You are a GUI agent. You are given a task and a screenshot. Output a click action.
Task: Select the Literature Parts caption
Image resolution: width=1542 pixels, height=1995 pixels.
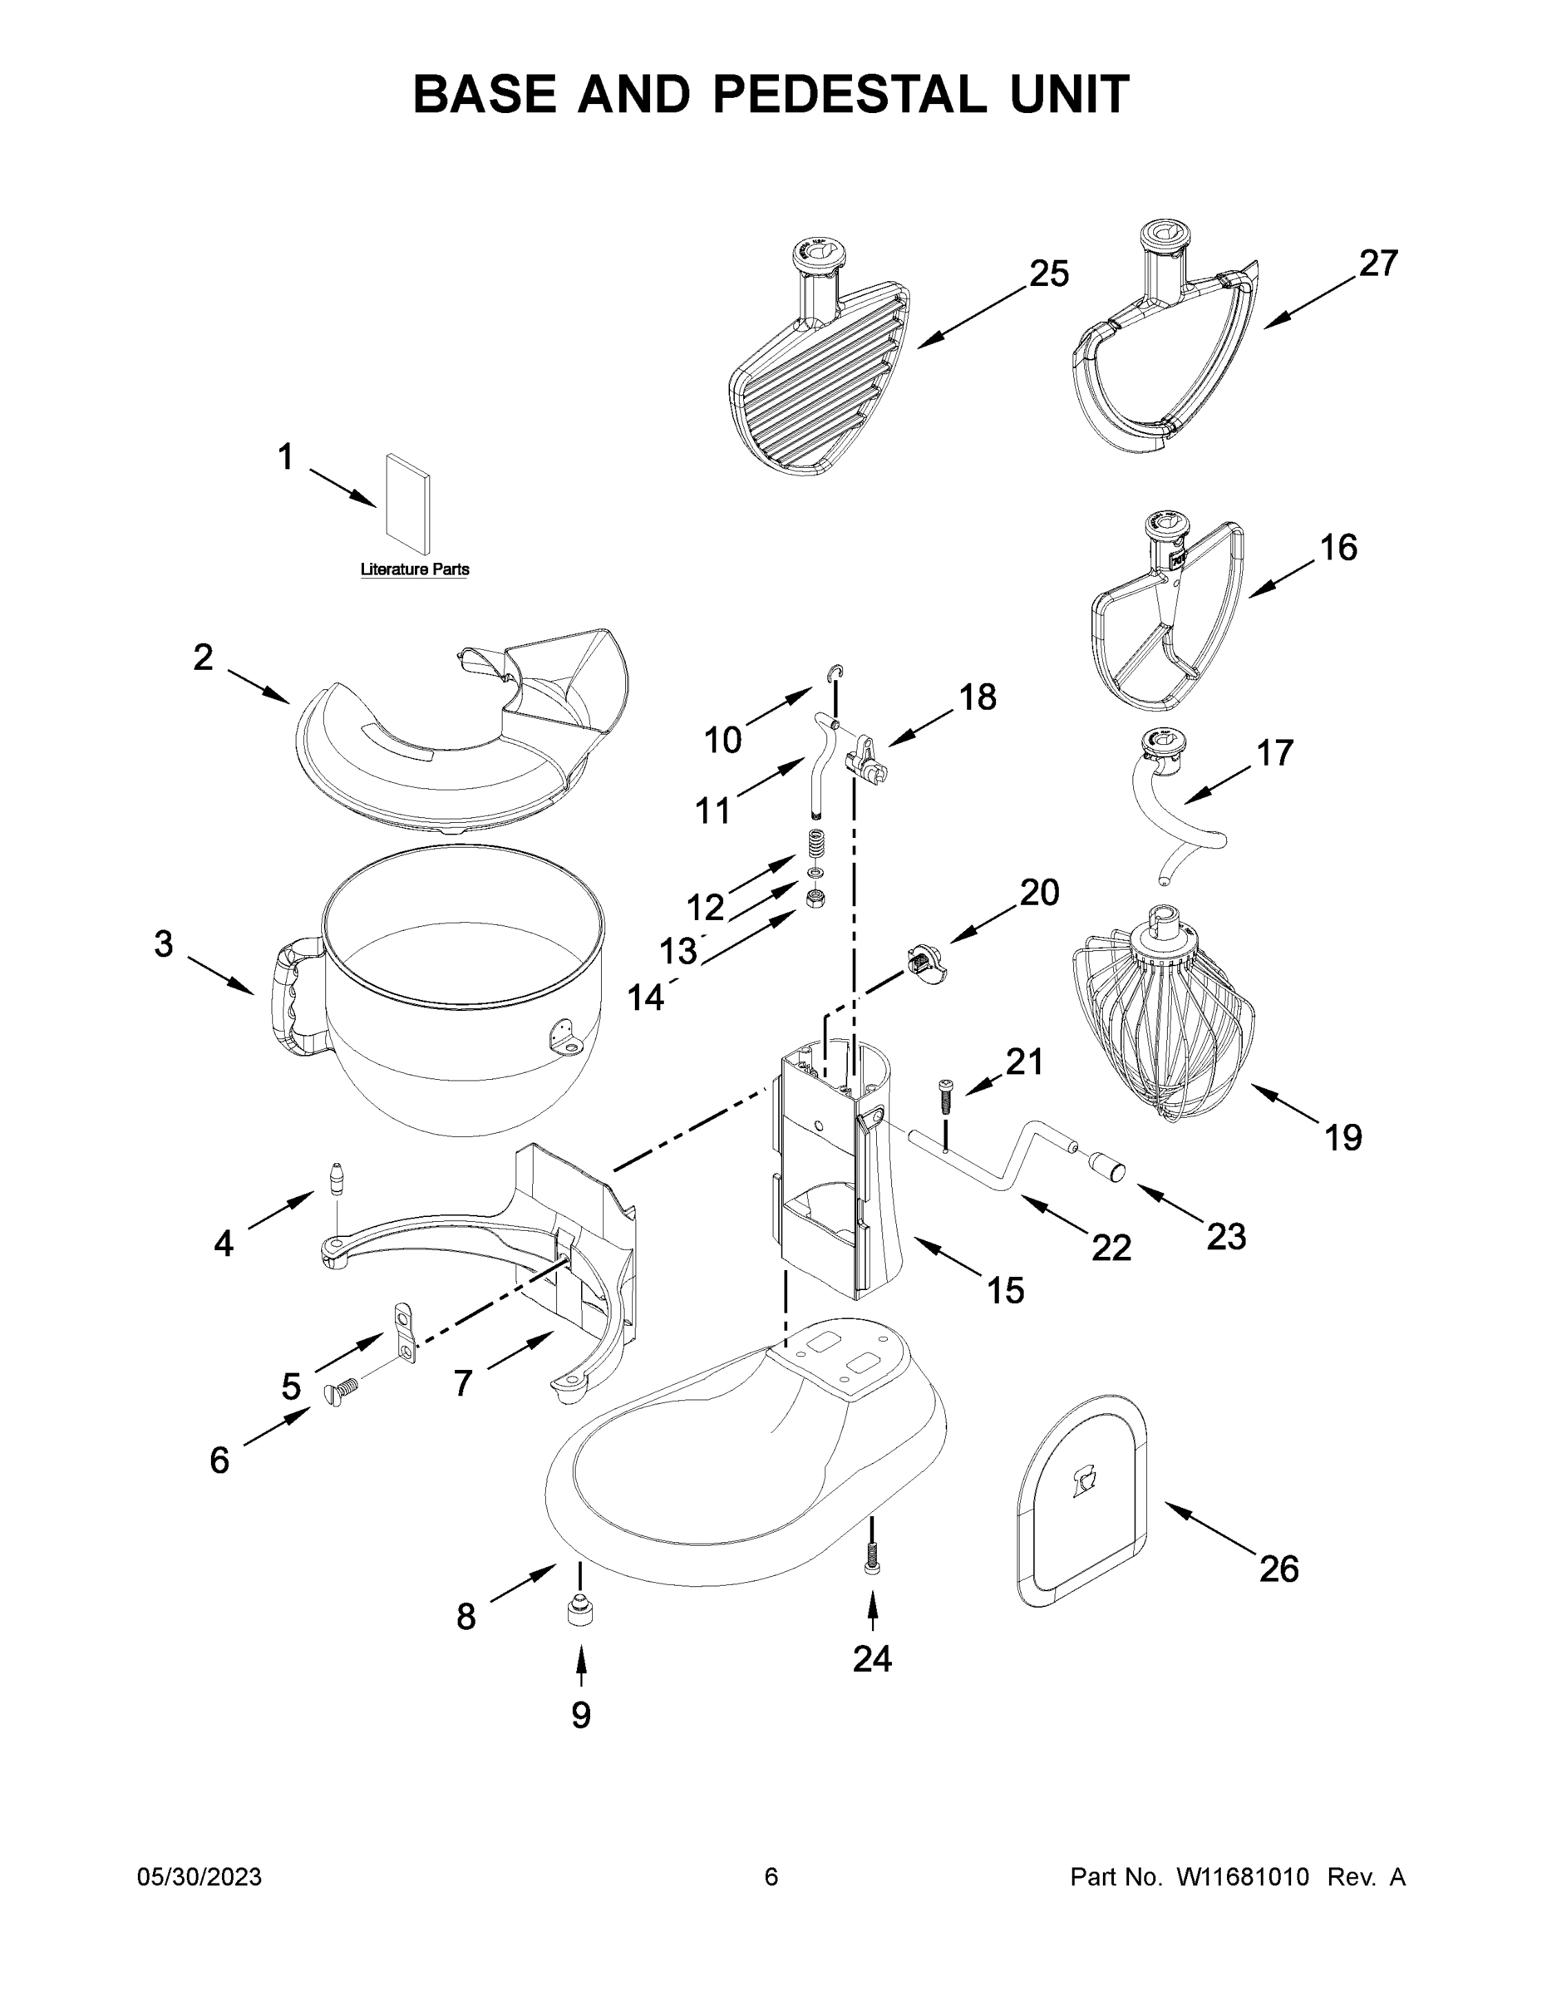[415, 569]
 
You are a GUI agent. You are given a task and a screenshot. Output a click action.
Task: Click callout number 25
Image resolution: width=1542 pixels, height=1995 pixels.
[1049, 273]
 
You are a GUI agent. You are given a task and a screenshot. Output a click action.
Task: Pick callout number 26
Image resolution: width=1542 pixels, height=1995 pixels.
[1278, 1569]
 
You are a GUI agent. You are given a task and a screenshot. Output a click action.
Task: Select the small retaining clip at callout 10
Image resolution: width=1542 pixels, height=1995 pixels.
[836, 673]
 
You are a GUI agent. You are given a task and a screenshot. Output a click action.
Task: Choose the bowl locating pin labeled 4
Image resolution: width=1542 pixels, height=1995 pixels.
[337, 1179]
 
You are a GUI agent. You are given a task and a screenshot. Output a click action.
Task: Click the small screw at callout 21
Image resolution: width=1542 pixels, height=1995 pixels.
[944, 1094]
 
